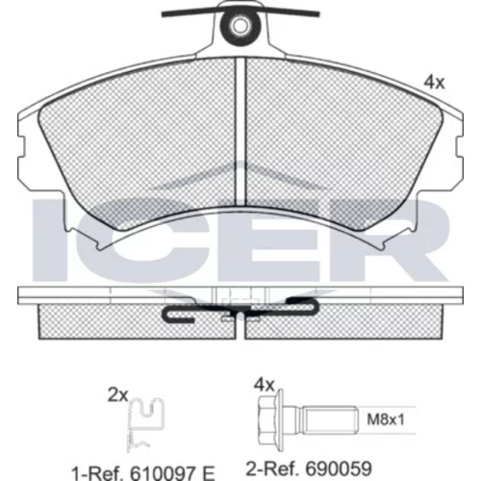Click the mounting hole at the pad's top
point(240,26)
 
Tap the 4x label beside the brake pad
point(434,83)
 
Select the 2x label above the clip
point(117,395)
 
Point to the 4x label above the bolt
point(265,385)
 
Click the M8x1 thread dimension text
point(386,419)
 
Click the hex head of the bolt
point(270,419)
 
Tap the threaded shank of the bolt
point(330,419)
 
